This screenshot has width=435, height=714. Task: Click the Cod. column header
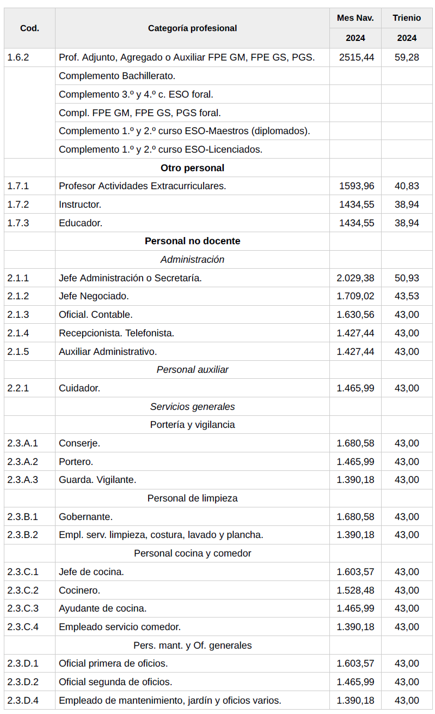29,28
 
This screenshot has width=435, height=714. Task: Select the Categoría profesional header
192,28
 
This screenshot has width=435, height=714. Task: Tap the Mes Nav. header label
355,18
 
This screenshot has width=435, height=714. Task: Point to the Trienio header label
407,18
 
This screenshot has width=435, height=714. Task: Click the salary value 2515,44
356,57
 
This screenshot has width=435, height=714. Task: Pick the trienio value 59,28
407,57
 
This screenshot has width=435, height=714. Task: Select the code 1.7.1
18,186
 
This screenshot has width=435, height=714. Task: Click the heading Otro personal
192,168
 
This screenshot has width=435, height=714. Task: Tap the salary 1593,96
356,186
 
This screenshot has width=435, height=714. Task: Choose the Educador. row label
81,223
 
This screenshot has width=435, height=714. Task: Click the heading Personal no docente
192,241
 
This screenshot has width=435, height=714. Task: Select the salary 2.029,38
356,278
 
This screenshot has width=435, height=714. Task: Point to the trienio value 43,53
407,297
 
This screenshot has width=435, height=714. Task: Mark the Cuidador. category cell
79,388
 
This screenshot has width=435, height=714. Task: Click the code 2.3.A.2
23,462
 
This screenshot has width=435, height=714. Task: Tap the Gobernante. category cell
85,517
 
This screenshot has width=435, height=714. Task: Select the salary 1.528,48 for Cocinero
356,590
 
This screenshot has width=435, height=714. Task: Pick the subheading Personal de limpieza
192,498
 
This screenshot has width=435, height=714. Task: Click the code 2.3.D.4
23,700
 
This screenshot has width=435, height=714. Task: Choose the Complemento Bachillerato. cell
117,76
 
